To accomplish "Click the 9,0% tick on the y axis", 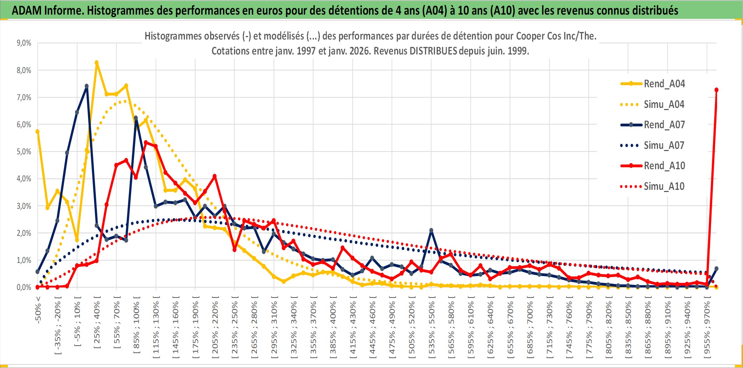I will pos(24,43).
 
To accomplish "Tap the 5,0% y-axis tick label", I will pos(24,152).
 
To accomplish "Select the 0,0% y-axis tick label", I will pos(24,287).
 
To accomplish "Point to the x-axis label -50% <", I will pos(38,310).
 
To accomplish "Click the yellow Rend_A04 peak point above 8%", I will pos(97,63).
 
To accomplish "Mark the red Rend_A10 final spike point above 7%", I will pos(716,90).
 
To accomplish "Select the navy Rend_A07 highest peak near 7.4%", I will pos(87,86).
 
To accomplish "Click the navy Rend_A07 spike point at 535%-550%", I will pos(431,230).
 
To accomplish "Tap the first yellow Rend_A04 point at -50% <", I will pos(37,132).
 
